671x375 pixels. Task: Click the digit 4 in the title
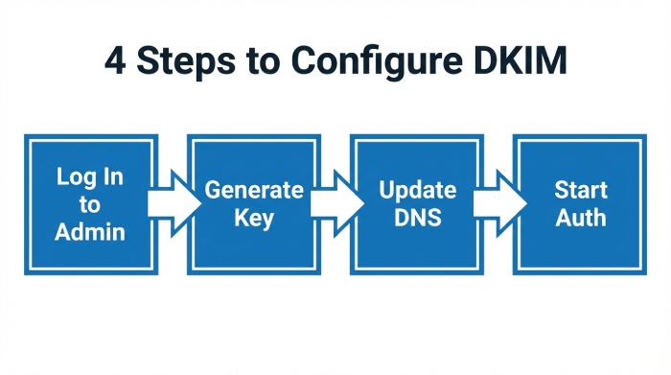pos(114,60)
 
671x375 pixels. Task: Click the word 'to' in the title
pos(265,61)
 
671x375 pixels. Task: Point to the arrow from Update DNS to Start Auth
pos(500,203)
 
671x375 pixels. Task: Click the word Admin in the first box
pos(89,231)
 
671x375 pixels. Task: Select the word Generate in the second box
pos(253,190)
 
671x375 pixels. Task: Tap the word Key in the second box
pos(253,218)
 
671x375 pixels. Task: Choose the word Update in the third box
pos(416,190)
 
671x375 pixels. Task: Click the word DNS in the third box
pos(416,218)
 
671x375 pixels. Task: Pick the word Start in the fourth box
pos(580,190)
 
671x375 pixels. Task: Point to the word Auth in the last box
pos(580,218)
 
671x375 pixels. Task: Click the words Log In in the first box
pos(89,177)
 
